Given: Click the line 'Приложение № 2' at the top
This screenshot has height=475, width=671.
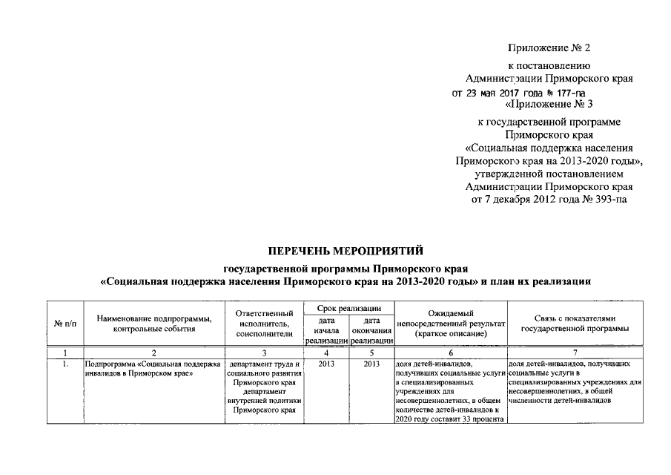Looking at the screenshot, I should click(549, 48).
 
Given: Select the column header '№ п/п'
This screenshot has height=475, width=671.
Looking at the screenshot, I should click(65, 324).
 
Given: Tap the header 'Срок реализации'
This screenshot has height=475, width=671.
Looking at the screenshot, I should click(348, 307).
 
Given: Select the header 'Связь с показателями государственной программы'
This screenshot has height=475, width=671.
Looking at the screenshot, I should click(575, 324).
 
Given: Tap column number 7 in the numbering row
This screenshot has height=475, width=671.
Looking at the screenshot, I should click(575, 353).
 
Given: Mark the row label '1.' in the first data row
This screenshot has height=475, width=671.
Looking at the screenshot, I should click(65, 364).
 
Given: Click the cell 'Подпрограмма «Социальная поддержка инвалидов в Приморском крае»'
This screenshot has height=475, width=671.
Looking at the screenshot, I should click(153, 369).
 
